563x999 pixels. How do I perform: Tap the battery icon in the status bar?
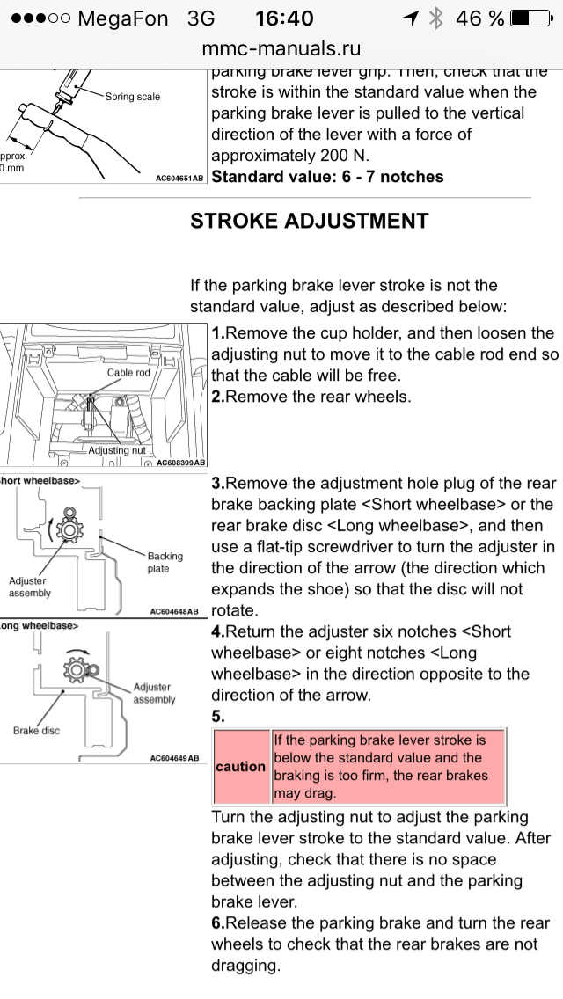click(x=530, y=18)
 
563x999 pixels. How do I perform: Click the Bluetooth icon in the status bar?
click(x=435, y=18)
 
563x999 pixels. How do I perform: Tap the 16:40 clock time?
click(x=284, y=18)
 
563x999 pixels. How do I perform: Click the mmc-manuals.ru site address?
click(x=281, y=48)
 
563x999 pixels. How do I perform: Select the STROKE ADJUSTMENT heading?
click(x=310, y=221)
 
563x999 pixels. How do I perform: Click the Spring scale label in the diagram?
click(x=133, y=97)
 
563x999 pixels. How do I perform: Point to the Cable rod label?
click(x=128, y=373)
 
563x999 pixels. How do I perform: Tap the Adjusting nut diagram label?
click(x=117, y=450)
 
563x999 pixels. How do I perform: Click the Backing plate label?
click(x=165, y=562)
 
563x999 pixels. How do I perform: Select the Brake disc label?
click(x=37, y=731)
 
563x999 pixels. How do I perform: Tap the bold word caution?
click(x=240, y=766)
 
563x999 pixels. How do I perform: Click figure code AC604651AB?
click(x=179, y=178)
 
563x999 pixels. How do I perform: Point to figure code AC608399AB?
click(x=179, y=463)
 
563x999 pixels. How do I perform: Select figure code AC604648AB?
click(x=174, y=611)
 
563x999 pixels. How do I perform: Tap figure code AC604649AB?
click(x=174, y=758)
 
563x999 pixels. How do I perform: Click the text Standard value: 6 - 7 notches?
click(x=327, y=177)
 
